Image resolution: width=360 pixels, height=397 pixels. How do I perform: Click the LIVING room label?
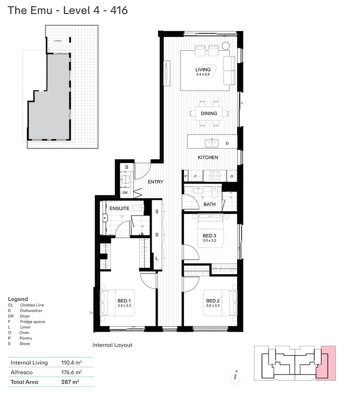click(x=203, y=70)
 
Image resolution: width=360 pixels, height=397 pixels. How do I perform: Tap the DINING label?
click(x=209, y=113)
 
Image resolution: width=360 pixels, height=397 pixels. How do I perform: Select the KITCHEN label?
click(x=208, y=158)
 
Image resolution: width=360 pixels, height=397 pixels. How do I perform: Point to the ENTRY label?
click(x=156, y=182)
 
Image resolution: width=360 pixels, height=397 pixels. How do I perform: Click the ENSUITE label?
click(x=119, y=209)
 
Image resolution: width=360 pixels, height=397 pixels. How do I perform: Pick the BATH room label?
click(x=209, y=204)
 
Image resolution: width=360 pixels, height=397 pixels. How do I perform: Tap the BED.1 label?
click(x=124, y=301)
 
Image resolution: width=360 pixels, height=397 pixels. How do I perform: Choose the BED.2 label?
click(x=212, y=301)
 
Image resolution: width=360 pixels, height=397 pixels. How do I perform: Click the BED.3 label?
click(x=209, y=235)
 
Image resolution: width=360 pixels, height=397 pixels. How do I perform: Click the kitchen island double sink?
click(x=211, y=143)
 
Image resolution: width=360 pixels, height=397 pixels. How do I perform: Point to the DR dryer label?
click(x=126, y=193)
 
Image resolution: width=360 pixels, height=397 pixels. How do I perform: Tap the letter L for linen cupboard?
click(x=157, y=259)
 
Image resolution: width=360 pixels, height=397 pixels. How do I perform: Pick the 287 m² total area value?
click(x=70, y=382)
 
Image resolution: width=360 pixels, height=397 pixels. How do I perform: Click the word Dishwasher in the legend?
click(x=31, y=311)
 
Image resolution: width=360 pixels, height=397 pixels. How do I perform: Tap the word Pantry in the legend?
click(x=26, y=338)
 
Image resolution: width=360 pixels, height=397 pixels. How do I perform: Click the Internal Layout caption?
click(x=112, y=345)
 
